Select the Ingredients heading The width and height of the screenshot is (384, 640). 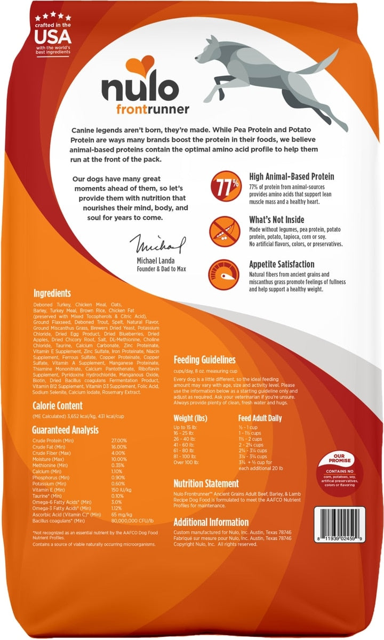click(52, 293)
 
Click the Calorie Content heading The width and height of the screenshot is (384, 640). click(58, 406)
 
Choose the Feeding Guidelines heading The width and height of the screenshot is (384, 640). click(205, 359)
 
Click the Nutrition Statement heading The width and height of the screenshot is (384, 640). click(206, 484)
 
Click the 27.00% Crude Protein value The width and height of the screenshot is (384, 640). click(119, 440)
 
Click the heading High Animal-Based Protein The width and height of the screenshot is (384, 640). click(295, 177)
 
